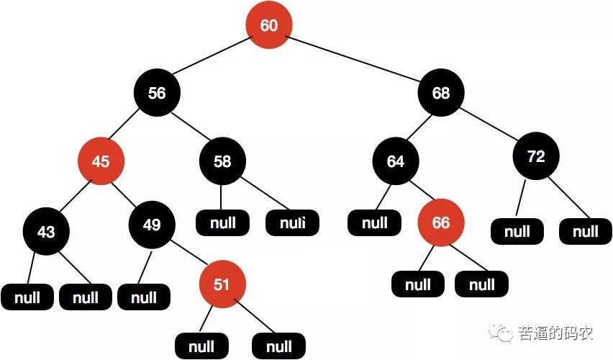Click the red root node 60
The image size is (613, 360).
point(268,26)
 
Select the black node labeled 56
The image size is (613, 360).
point(157,93)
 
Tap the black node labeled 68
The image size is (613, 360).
point(441,93)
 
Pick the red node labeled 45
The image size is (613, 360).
point(101,162)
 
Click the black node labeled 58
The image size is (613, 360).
point(222,162)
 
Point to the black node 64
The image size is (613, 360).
point(396,162)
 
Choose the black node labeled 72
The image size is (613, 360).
point(536,158)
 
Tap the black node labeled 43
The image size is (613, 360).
point(45,232)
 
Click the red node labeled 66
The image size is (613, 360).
point(440,223)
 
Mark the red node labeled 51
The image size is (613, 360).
point(222,284)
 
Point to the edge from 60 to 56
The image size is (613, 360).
point(212,59)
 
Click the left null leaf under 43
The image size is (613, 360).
point(27,297)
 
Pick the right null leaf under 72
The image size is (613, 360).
point(586,232)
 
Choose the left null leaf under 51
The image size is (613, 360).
point(201,346)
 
